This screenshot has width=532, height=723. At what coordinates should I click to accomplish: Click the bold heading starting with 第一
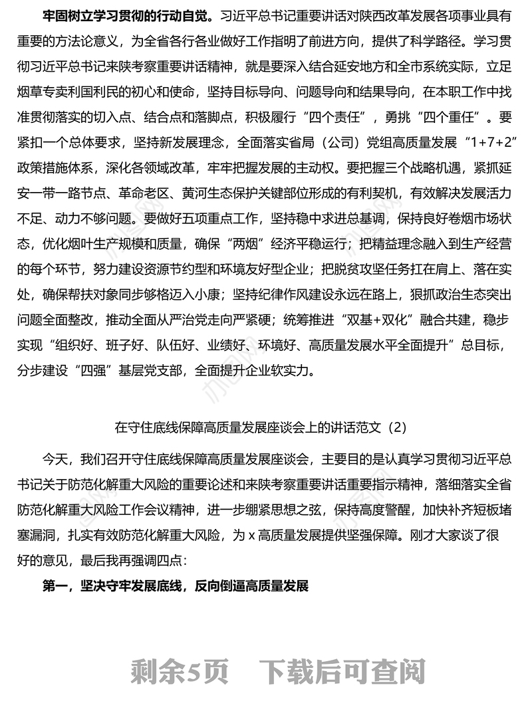176,587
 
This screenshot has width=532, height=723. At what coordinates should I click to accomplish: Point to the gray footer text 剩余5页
180,672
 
